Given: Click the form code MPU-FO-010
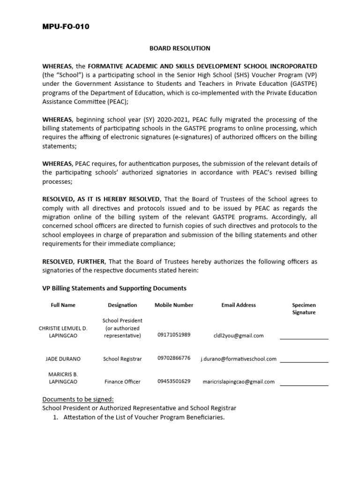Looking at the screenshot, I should point(66,27).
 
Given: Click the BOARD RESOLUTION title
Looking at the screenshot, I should point(180,48).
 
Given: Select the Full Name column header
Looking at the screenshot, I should point(63,305).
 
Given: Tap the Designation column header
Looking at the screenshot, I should point(122,305).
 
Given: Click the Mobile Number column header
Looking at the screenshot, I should point(174,305).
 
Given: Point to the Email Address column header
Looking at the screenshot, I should point(239,305).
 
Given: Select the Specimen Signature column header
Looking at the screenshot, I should point(304,308).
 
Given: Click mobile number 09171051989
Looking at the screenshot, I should point(174,335).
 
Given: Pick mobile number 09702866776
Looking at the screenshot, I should point(174,358).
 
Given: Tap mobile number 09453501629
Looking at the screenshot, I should point(174,381).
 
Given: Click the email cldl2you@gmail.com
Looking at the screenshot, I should point(239,336).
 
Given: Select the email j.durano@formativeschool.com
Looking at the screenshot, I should point(239,359).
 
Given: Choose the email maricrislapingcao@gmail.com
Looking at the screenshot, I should point(239,382).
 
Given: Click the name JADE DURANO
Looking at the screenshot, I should point(63,359).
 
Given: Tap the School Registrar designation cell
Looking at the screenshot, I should point(122,359).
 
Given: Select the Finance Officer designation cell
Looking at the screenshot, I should point(122,382).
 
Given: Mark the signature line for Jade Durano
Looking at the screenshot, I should point(304,361).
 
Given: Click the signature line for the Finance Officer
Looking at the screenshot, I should point(304,385).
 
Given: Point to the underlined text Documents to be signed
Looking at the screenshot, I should point(78,399).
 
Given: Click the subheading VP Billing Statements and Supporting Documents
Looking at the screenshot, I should point(114,288).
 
